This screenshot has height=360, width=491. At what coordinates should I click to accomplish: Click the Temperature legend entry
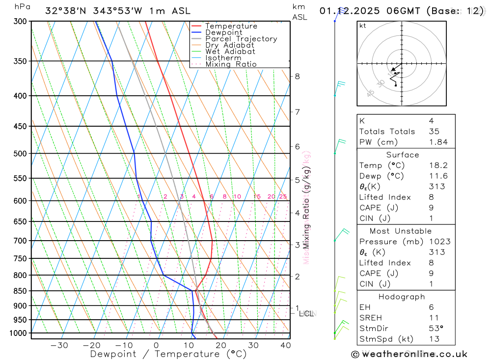tap(231, 26)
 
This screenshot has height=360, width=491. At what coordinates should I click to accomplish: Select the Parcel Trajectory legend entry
tap(241, 39)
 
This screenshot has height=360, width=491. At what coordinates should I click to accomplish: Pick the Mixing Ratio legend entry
tap(231, 64)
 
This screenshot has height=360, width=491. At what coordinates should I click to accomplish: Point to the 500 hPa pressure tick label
tap(20, 153)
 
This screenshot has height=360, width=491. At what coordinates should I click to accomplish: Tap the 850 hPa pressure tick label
tap(20, 291)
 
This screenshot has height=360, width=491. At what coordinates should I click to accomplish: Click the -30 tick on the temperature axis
tap(59, 345)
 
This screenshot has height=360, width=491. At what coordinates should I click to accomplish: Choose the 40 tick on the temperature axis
tap(285, 345)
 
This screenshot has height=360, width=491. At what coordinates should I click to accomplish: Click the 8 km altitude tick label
tap(297, 76)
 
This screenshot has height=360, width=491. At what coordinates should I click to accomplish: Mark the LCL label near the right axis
tap(306, 313)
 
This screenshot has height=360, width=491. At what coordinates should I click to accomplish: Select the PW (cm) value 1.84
tap(438, 142)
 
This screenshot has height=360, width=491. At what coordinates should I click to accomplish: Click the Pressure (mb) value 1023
tap(438, 242)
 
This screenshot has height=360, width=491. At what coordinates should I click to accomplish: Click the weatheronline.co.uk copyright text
tap(409, 354)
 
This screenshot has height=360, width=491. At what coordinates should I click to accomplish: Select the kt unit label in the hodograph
tap(363, 26)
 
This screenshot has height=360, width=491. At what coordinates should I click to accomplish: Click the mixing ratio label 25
tap(283, 196)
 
